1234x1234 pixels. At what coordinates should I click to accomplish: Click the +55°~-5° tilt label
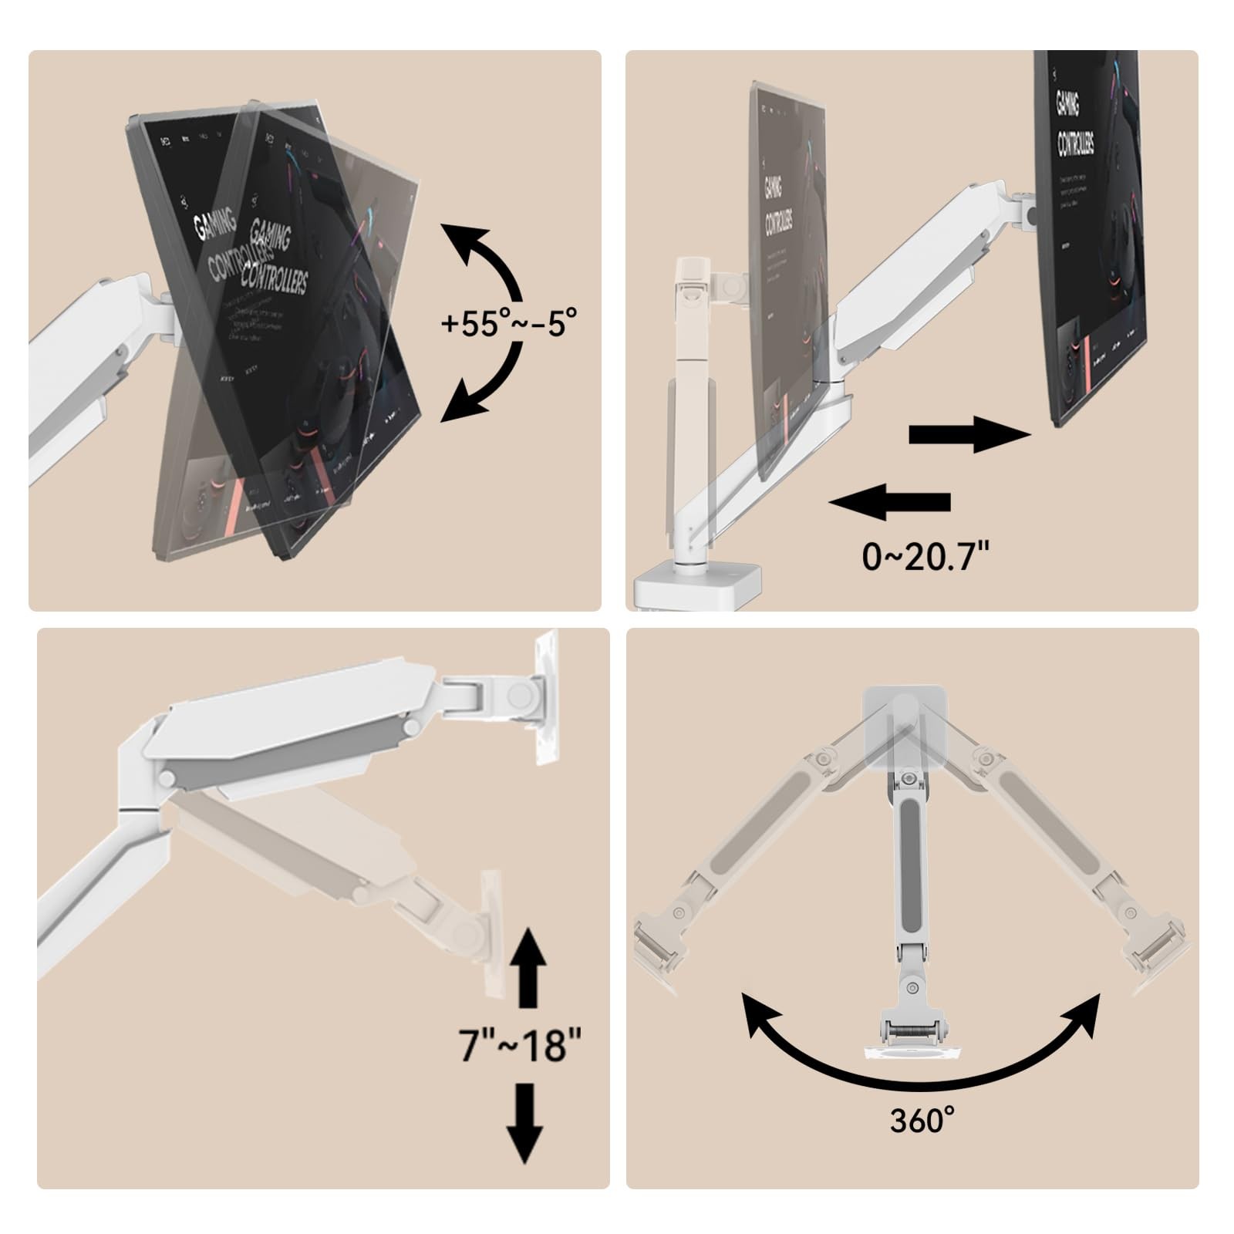tap(509, 323)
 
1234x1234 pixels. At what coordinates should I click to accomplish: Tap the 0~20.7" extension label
tap(925, 555)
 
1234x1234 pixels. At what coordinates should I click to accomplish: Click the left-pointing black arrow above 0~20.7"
tap(890, 502)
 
